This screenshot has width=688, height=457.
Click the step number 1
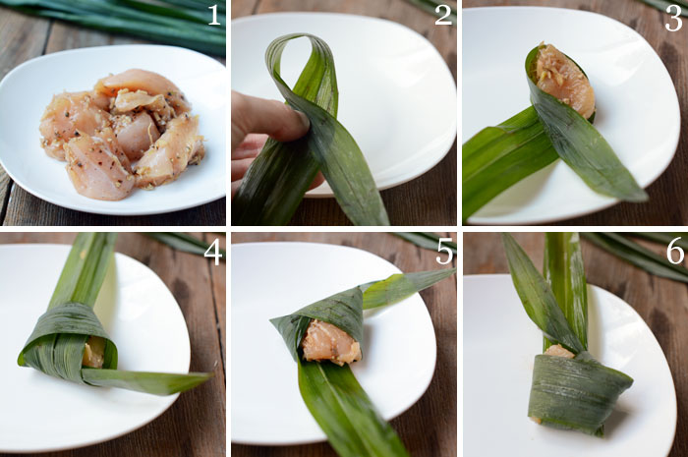213,16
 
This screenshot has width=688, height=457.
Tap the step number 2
443,16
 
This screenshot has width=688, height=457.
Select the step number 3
673,20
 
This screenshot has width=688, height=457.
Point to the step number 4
212,254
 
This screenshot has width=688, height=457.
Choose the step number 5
445,253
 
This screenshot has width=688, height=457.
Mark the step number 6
675,252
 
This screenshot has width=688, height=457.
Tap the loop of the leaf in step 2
303,66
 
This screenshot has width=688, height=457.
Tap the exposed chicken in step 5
332,342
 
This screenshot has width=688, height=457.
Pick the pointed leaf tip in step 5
453,270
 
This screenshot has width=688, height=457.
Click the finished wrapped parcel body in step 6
578,390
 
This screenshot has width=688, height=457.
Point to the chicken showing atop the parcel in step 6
558,351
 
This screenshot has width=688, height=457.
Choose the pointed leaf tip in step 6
504,236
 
